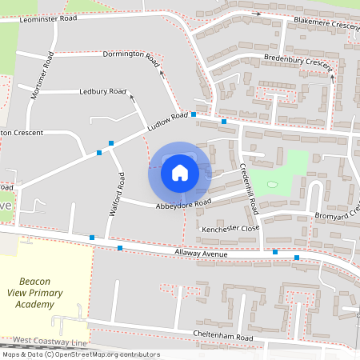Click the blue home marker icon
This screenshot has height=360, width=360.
point(180,172)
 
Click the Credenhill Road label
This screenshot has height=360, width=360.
point(249,189)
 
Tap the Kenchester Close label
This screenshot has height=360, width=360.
point(231,228)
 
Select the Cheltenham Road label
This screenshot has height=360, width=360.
point(223,338)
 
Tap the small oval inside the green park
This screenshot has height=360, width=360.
point(273,186)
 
